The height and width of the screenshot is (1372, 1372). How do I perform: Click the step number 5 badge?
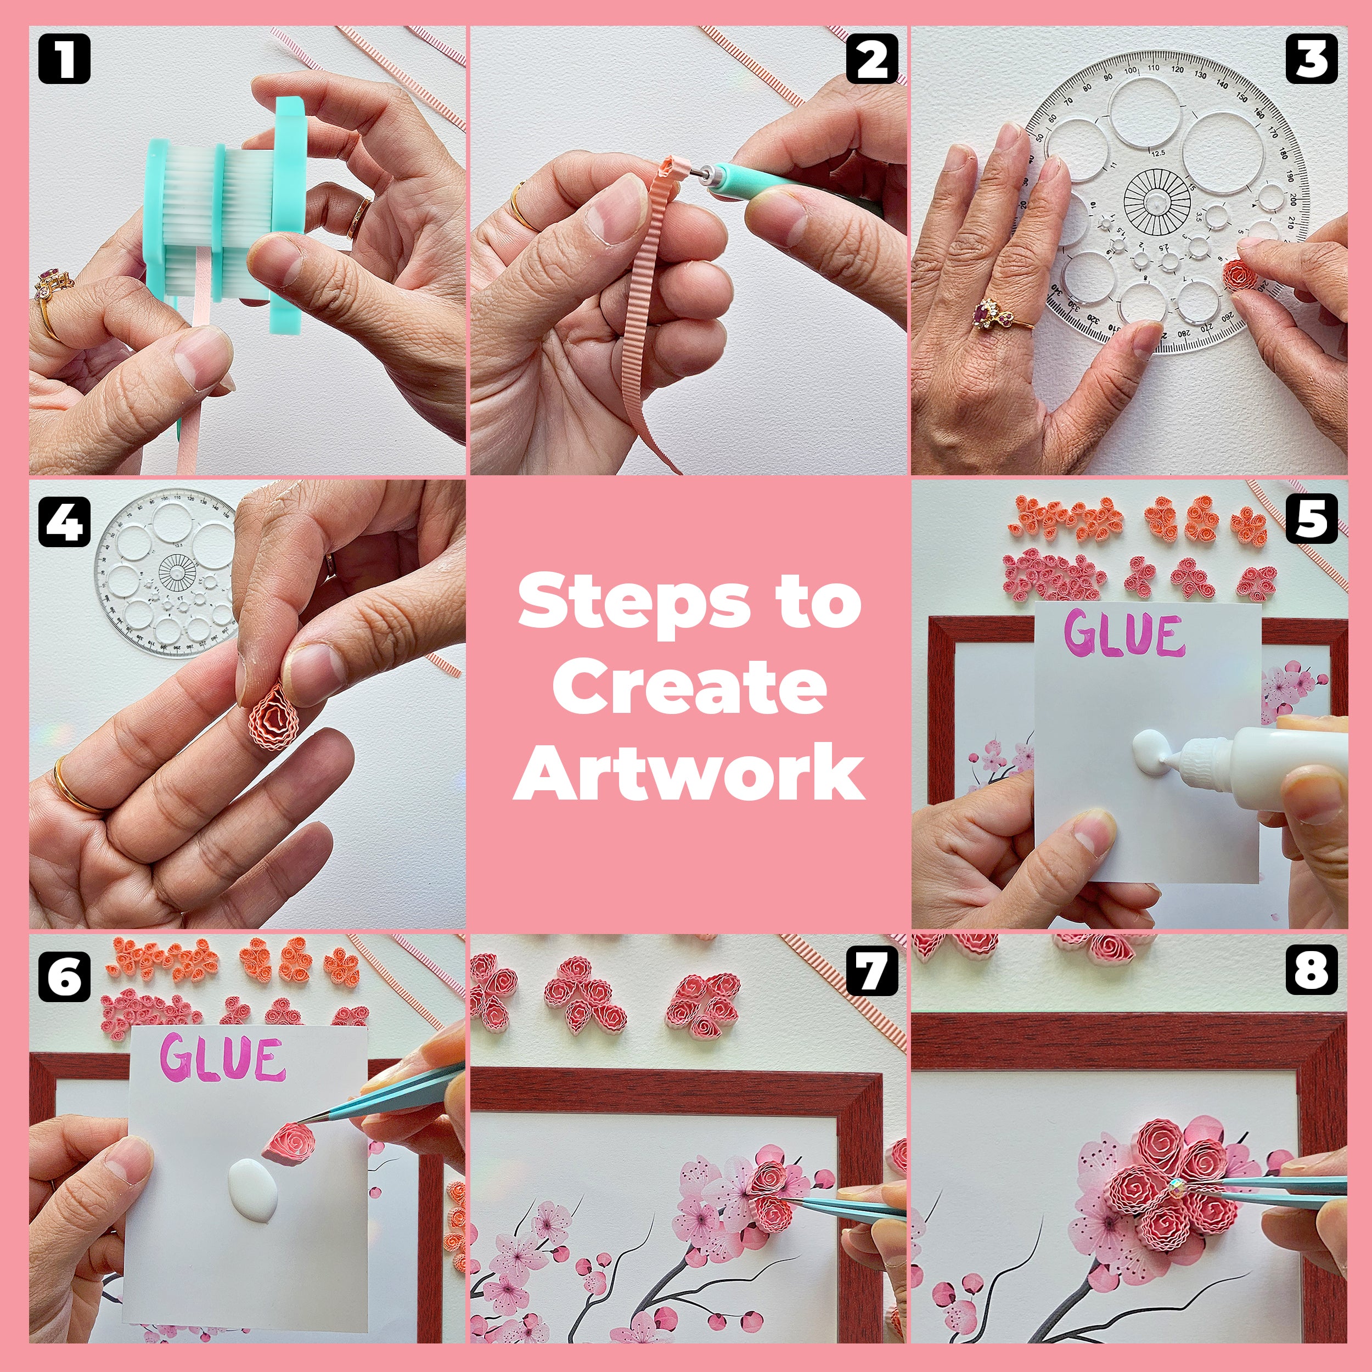click(1311, 519)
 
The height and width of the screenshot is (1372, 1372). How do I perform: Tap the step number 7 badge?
click(871, 971)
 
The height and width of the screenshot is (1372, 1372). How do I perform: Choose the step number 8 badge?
click(1311, 971)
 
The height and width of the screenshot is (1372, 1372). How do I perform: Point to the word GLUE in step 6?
click(222, 1058)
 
